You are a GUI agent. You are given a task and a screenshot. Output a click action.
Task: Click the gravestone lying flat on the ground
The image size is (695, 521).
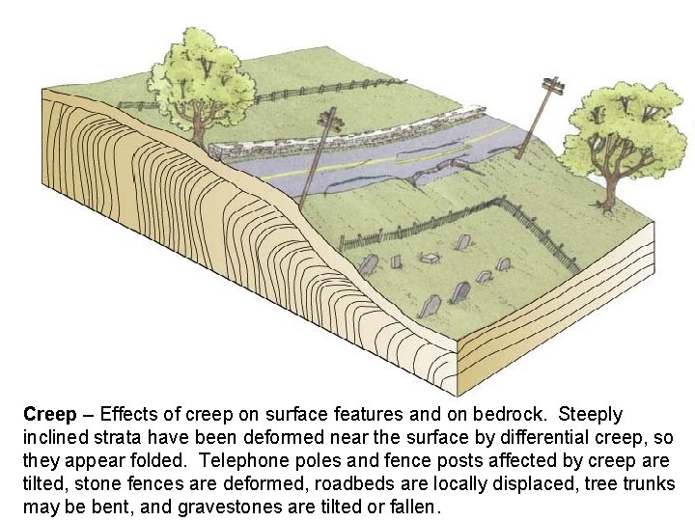point(431,258)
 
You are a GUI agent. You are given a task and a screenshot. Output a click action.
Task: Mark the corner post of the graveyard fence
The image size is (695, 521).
point(501,201)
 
